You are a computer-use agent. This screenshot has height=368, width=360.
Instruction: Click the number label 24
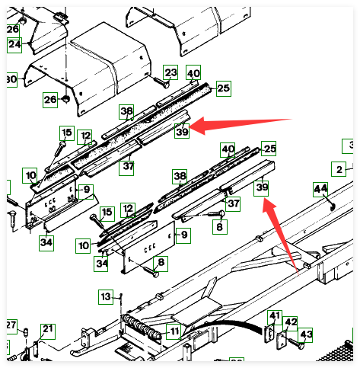pos(14,45)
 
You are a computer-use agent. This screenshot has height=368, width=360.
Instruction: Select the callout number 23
pos(170,72)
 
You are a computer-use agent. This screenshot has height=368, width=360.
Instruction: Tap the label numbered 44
pos(320,189)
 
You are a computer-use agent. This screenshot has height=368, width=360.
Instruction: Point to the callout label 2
pos(339,169)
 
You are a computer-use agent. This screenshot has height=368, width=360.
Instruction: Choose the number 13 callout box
pos(106,296)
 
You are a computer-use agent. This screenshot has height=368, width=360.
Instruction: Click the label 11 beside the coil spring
pos(174,331)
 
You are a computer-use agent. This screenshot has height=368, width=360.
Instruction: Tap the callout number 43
pos(305,335)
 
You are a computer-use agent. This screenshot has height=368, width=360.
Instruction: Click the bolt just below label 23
pos(161,82)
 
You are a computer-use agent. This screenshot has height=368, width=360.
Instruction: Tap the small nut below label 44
pos(333,207)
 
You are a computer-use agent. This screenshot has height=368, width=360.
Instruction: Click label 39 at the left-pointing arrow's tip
pos(182,131)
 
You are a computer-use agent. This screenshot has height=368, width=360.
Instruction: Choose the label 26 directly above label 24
pos(13,30)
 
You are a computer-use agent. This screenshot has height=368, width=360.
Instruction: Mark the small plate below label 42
pos(282,341)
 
